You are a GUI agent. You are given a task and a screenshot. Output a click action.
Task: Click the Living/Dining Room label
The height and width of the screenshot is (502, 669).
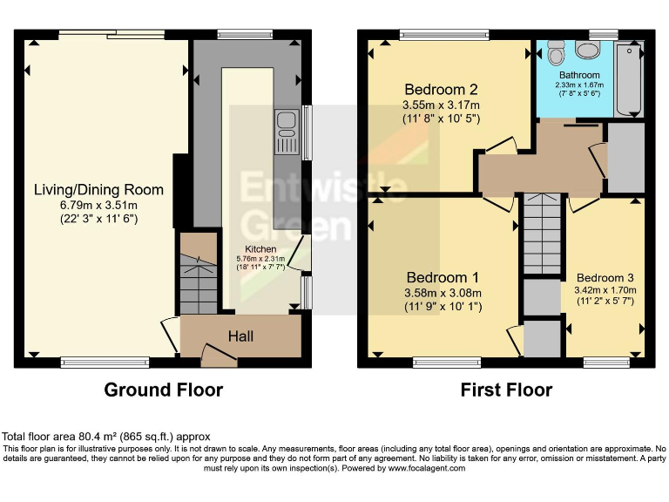[98, 189]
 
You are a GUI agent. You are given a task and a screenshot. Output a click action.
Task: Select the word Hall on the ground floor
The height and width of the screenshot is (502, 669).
[240, 336]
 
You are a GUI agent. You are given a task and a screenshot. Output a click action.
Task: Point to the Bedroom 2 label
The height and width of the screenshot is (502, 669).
[441, 89]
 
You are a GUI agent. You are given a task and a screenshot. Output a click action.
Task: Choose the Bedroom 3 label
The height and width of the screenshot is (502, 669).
[605, 277]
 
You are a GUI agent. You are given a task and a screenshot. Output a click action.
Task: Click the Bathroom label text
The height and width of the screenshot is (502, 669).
[579, 76]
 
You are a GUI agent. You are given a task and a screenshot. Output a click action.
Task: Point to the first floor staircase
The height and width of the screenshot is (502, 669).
[540, 235]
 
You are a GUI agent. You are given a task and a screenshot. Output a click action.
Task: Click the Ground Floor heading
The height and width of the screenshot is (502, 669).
[163, 390]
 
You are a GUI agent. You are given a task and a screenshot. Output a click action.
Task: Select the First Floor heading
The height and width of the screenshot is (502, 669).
[506, 390]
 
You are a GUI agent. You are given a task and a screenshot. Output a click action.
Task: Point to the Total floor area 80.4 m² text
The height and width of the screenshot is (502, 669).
[106, 437]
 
